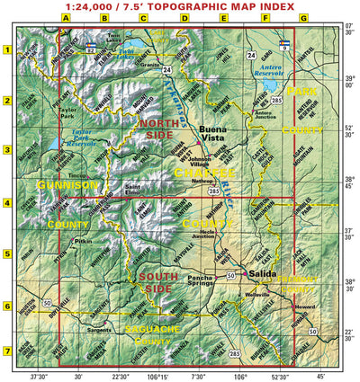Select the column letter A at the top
[x=66, y=18]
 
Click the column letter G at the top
[x=303, y=18]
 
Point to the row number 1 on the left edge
[x=6, y=49]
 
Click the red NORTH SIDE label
[x=160, y=129]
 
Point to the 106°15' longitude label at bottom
[x=158, y=377]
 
